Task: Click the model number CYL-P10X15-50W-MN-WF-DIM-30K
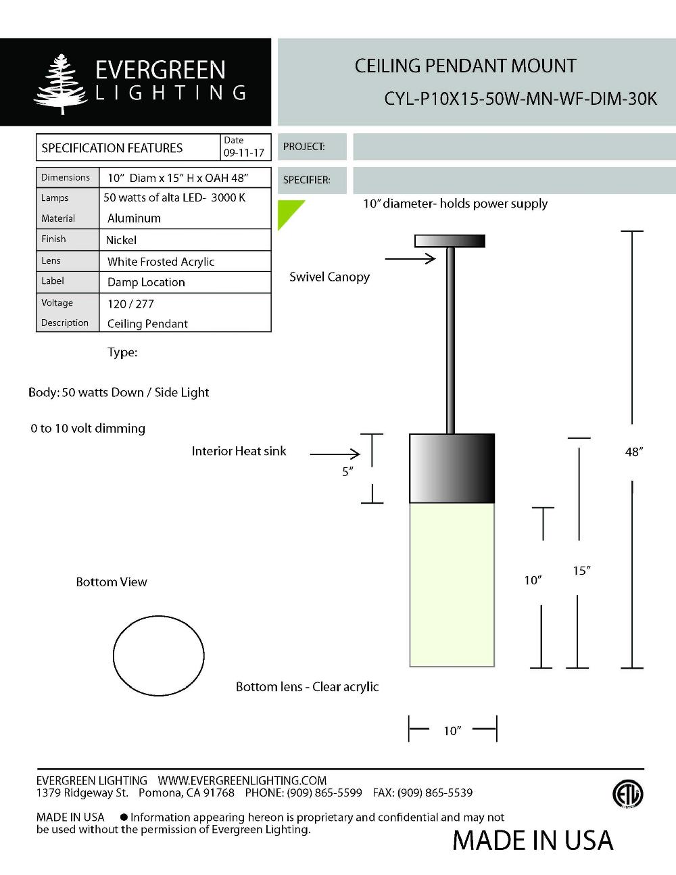pyautogui.click(x=520, y=99)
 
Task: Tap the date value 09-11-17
pyautogui.click(x=243, y=153)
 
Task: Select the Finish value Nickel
pyautogui.click(x=121, y=240)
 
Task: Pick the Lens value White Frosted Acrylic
pyautogui.click(x=161, y=262)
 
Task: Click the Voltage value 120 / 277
pyautogui.click(x=130, y=304)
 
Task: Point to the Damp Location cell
pyautogui.click(x=146, y=282)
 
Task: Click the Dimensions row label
pyautogui.click(x=66, y=177)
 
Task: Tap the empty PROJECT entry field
pyautogui.click(x=514, y=147)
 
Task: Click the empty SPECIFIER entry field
pyautogui.click(x=514, y=180)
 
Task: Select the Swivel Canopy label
pyautogui.click(x=329, y=277)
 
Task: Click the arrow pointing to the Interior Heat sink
pyautogui.click(x=335, y=454)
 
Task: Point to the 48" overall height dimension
pyautogui.click(x=633, y=452)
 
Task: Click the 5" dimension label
pyautogui.click(x=347, y=471)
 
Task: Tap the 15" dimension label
pyautogui.click(x=581, y=571)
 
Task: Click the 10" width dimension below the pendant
pyautogui.click(x=452, y=730)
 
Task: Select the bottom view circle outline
pyautogui.click(x=158, y=655)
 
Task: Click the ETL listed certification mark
pyautogui.click(x=627, y=794)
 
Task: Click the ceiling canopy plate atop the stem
pyautogui.click(x=450, y=240)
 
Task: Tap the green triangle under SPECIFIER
pyautogui.click(x=288, y=212)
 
